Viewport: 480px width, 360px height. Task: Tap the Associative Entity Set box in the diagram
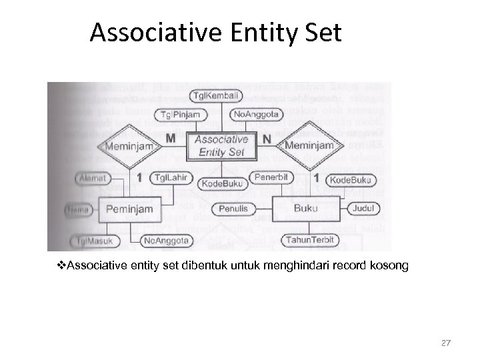221,145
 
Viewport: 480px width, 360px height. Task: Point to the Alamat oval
89,179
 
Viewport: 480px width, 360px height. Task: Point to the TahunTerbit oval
311,240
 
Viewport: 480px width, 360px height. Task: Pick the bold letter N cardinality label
267,139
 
